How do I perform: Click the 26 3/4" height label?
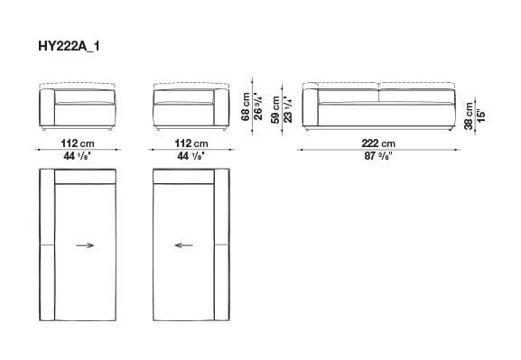[x=259, y=105]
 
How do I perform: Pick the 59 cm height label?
[x=274, y=107]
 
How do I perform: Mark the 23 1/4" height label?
[x=287, y=107]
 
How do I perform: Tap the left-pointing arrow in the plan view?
[x=184, y=244]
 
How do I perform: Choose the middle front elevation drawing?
[x=191, y=107]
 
